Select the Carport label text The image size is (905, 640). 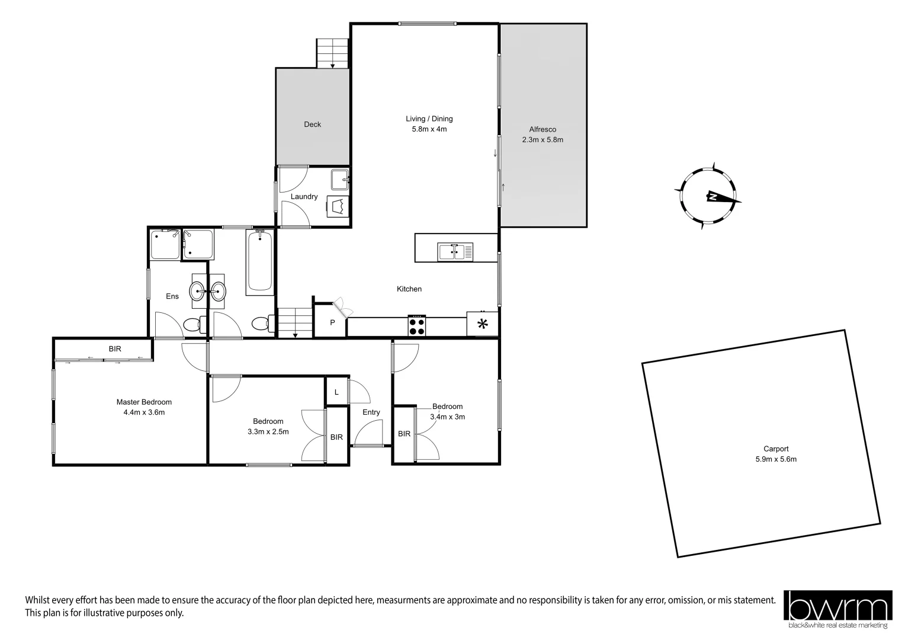pos(776,449)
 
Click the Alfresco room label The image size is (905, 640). pos(542,129)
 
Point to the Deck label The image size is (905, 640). pos(312,124)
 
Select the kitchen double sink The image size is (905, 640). pos(455,252)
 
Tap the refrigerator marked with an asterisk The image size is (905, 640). pos(483,324)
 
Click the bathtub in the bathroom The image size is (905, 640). pos(260,263)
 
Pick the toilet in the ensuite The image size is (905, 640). pos(194,325)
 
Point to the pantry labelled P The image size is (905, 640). pos(332,323)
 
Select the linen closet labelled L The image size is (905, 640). pos(336,392)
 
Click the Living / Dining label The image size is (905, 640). pos(429,119)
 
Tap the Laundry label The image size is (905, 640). pos(304,197)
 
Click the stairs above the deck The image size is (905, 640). pos(333,53)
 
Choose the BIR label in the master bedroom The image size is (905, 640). pos(115,349)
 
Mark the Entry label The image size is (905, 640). pos(371,412)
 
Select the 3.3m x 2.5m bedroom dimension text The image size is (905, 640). pos(268,432)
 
